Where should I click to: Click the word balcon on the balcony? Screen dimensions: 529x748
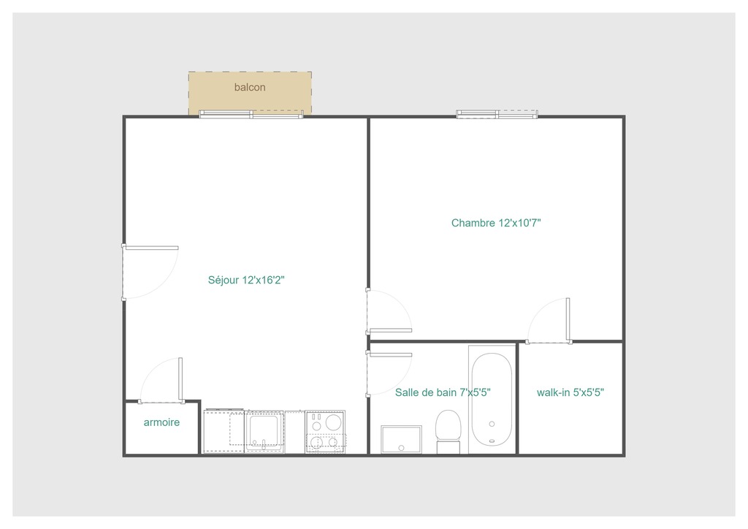250,88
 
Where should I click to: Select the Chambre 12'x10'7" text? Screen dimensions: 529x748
495,223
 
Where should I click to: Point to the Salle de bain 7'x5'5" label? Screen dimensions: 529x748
443,392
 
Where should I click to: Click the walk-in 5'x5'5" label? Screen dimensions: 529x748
570,392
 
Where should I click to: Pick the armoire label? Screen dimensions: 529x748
161,422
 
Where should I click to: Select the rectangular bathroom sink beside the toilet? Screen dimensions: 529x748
401,439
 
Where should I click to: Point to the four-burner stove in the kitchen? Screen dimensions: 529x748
325,431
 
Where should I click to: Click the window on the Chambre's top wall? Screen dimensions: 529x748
497,114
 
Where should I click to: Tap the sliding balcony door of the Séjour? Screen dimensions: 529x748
251,114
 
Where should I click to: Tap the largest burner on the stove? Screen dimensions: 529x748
333,422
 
